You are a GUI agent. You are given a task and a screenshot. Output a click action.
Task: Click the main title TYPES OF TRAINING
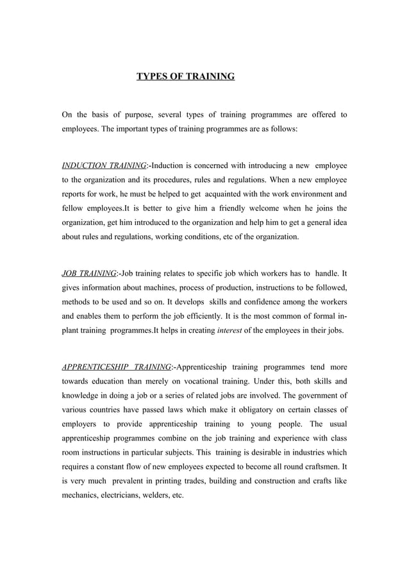[x=186, y=77]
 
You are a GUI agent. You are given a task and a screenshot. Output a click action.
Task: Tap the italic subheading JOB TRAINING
[x=88, y=274]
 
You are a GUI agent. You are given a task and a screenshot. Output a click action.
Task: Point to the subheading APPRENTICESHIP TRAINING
[x=117, y=367]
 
